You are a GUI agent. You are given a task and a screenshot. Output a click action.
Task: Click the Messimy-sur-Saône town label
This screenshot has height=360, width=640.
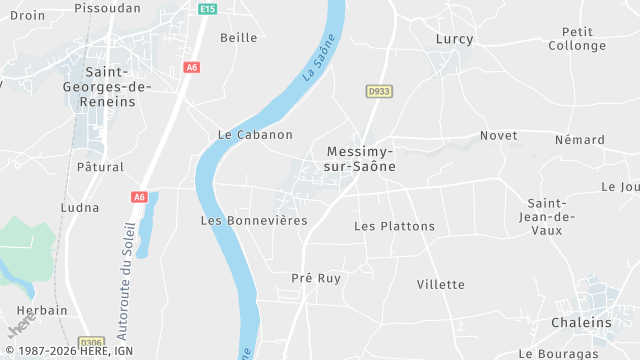[361, 159]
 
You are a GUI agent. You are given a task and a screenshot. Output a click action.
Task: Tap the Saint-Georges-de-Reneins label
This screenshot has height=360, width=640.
[118, 86]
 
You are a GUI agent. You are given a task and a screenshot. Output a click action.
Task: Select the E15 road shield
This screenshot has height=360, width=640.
[207, 9]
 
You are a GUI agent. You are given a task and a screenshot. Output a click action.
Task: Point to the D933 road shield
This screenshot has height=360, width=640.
[377, 91]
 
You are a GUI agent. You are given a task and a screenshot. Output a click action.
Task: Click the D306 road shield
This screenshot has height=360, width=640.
[92, 341]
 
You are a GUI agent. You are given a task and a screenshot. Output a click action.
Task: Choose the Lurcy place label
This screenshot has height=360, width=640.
[455, 39]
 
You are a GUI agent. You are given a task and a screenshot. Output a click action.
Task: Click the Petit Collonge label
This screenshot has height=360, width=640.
[577, 39]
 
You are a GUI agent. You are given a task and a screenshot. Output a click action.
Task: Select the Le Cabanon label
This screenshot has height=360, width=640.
[255, 135]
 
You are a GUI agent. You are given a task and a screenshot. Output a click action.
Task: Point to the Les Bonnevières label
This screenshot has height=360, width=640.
[254, 220]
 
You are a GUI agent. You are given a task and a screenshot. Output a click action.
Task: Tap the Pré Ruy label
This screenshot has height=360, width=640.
[316, 278]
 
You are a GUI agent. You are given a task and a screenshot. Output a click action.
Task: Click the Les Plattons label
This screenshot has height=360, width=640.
[395, 226]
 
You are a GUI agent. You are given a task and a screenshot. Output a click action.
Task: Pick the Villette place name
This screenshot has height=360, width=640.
[441, 284]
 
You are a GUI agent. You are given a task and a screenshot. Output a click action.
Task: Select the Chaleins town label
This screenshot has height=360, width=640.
[581, 323]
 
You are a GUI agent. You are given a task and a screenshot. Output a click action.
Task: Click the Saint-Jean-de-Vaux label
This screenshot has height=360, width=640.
[552, 218]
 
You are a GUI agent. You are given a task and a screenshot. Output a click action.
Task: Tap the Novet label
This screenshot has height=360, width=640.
[498, 136]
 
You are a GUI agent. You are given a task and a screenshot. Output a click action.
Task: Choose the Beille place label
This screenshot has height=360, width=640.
[238, 38]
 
